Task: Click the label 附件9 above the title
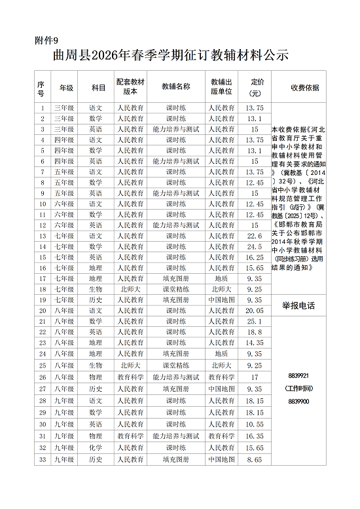pyautogui.click(x=46, y=41)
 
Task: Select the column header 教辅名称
pyautogui.click(x=176, y=86)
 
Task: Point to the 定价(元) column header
pyautogui.click(x=255, y=86)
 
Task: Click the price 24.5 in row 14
pyautogui.click(x=255, y=246)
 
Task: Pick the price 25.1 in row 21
pyautogui.click(x=255, y=321)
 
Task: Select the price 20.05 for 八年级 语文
pyautogui.click(x=255, y=311)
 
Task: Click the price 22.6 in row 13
pyautogui.click(x=255, y=236)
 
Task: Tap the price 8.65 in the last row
pyautogui.click(x=255, y=460)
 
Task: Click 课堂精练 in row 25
pyautogui.click(x=176, y=365)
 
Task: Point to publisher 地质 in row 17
pyautogui.click(x=221, y=278)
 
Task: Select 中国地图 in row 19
pyautogui.click(x=221, y=299)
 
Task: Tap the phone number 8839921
pyautogui.click(x=298, y=375)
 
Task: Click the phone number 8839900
pyautogui.click(x=298, y=401)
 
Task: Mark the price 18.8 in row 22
pyautogui.click(x=255, y=332)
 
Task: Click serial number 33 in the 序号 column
pyautogui.click(x=42, y=460)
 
